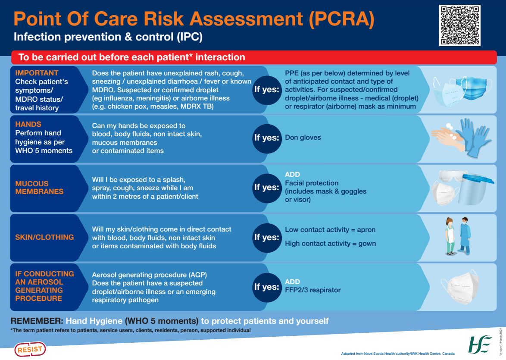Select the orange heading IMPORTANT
(37, 73)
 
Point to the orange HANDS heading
(28, 124)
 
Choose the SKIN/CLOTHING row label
(44, 237)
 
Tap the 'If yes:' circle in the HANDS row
(266, 138)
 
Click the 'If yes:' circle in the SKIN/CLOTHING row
(266, 237)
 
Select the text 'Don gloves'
(303, 138)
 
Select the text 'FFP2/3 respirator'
(312, 290)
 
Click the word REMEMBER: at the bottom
(36, 321)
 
